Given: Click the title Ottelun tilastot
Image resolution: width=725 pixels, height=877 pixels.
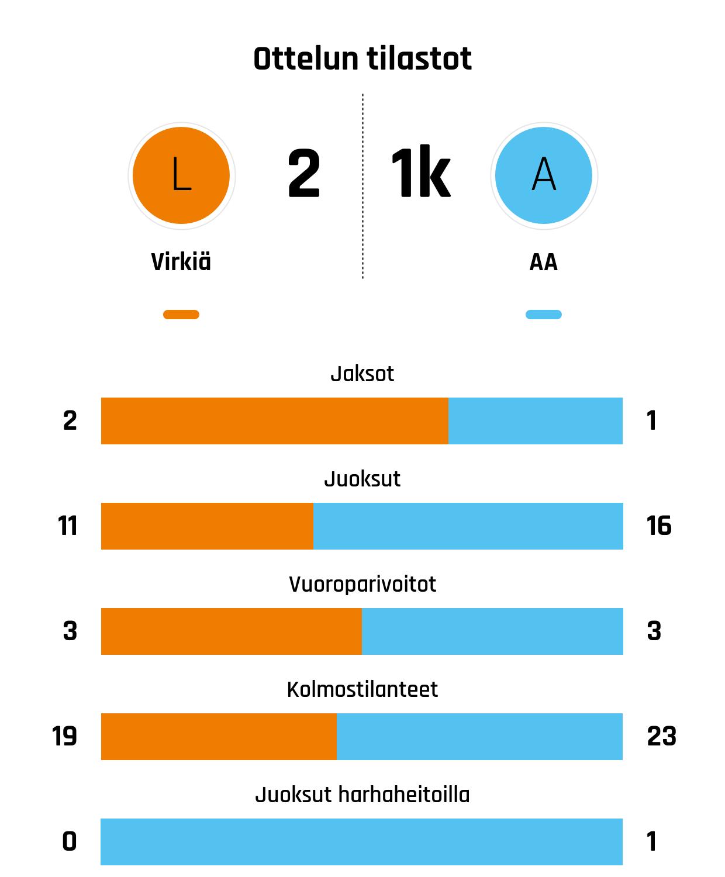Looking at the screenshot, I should [362, 59].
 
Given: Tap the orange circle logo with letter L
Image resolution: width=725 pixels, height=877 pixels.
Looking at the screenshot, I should [181, 175].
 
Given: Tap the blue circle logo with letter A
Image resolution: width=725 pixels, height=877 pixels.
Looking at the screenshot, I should [544, 175].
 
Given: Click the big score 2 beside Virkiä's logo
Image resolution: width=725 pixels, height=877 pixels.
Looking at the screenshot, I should [304, 174].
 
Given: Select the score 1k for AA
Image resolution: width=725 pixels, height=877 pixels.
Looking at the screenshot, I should [420, 174].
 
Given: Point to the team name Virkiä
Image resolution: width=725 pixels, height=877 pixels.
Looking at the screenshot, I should [181, 262].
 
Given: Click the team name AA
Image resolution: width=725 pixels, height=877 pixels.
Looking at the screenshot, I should [544, 263].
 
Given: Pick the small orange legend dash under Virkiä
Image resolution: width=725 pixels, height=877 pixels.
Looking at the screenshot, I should [181, 315].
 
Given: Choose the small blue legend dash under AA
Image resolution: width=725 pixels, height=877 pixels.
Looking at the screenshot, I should [544, 315].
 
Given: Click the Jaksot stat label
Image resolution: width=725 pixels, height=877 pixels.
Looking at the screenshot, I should [362, 374].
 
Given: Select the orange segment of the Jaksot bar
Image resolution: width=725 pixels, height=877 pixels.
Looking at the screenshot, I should [274, 421].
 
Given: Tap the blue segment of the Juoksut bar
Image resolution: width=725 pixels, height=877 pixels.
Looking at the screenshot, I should [468, 526].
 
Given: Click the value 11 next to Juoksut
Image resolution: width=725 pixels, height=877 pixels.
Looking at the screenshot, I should [68, 526].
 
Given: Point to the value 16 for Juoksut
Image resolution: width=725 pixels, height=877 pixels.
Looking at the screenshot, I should [659, 526].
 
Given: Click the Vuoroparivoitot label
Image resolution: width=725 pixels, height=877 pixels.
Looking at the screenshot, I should [362, 584].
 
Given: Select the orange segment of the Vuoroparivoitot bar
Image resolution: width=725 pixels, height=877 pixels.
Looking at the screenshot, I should [231, 631].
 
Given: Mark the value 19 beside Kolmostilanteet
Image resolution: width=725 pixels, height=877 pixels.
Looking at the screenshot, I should [64, 737].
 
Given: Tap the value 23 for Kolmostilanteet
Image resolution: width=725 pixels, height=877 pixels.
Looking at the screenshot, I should [661, 737].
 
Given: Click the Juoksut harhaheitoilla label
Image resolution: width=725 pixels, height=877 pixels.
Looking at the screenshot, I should [362, 795].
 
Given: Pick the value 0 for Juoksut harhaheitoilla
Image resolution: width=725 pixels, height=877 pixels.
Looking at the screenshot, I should [69, 842].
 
